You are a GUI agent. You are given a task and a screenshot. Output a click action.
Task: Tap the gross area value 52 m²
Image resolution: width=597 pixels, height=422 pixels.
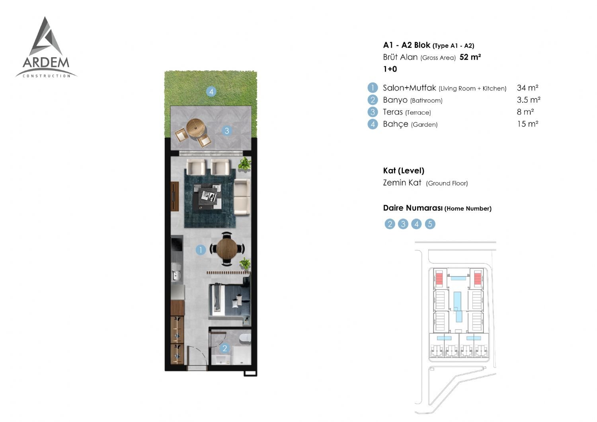[470, 57]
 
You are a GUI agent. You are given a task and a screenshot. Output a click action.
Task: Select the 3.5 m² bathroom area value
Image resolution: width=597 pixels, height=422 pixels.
[529, 100]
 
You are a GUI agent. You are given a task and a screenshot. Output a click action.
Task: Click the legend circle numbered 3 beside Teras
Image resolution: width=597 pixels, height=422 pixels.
[373, 112]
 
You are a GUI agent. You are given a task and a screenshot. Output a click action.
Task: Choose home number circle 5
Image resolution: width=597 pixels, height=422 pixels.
[430, 224]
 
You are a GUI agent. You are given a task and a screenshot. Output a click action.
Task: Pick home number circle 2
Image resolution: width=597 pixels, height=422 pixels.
[390, 224]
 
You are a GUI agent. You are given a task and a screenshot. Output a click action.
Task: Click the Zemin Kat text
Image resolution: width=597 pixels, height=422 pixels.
[402, 183]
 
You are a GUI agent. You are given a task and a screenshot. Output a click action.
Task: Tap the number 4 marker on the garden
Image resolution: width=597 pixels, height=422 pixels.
[211, 91]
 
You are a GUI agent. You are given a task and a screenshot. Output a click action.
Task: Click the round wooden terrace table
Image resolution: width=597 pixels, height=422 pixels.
[196, 128]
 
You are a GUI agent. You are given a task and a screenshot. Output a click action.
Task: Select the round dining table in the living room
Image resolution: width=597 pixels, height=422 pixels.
[227, 249]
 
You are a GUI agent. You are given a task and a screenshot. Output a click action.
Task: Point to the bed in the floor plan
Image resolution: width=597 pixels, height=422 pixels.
[230, 300]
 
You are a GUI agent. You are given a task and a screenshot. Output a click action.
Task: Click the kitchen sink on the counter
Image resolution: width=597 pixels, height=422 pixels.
[176, 272]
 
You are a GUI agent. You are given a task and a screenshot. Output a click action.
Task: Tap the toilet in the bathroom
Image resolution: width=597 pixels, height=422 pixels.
[245, 338]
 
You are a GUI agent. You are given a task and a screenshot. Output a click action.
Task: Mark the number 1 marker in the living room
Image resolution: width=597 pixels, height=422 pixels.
[201, 250]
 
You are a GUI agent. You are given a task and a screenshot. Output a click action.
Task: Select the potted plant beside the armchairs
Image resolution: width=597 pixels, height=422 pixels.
[244, 163]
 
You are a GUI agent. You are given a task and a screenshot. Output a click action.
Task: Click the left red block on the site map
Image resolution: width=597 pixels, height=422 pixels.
[439, 279]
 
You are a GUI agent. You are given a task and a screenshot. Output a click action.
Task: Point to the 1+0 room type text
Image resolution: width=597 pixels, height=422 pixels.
[390, 69]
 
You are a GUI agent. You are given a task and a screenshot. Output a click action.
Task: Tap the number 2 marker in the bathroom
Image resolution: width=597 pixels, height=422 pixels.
[225, 348]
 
